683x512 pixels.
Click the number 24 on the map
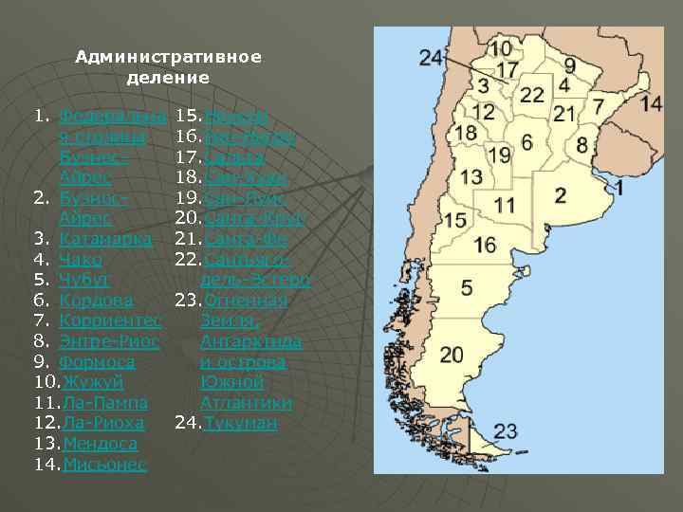431,59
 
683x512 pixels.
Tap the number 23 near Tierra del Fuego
506,431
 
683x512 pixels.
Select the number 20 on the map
452,355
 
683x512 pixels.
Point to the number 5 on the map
467,286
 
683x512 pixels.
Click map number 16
485,245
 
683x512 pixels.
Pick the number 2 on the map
561,195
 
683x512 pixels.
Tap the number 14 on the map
651,103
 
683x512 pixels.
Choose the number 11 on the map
505,205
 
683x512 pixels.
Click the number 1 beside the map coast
619,188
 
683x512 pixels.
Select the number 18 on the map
466,133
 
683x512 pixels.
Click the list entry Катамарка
105,239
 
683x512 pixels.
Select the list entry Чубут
84,280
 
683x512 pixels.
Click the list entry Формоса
97,362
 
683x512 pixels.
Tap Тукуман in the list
241,423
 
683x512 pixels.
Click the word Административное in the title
168,57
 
